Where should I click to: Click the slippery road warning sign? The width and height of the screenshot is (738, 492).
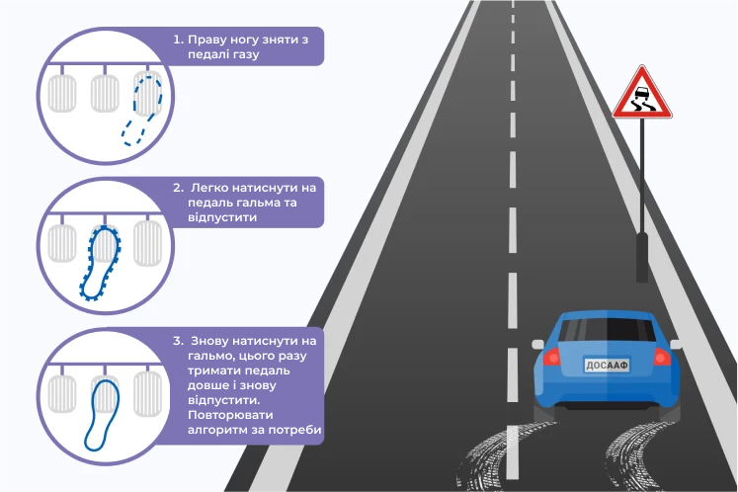tap(642, 94)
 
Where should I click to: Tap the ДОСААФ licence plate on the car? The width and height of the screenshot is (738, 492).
tap(607, 366)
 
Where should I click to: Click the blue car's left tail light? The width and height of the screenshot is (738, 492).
tap(552, 357)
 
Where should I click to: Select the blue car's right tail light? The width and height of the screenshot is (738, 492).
tap(662, 357)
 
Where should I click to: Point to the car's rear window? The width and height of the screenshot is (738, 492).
tap(608, 330)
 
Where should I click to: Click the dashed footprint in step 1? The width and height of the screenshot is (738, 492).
tap(141, 110)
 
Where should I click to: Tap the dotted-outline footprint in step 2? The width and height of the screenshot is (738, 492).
tap(101, 263)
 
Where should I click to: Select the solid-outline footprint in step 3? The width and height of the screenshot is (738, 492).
tap(102, 415)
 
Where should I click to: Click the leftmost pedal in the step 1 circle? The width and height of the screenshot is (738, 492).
tap(61, 93)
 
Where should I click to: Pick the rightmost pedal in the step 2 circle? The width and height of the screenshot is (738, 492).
tap(148, 243)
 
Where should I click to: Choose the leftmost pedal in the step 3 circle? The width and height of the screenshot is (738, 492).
tap(61, 393)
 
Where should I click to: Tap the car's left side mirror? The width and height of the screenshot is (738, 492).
tap(537, 344)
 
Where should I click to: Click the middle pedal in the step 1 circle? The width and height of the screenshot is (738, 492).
tap(105, 93)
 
